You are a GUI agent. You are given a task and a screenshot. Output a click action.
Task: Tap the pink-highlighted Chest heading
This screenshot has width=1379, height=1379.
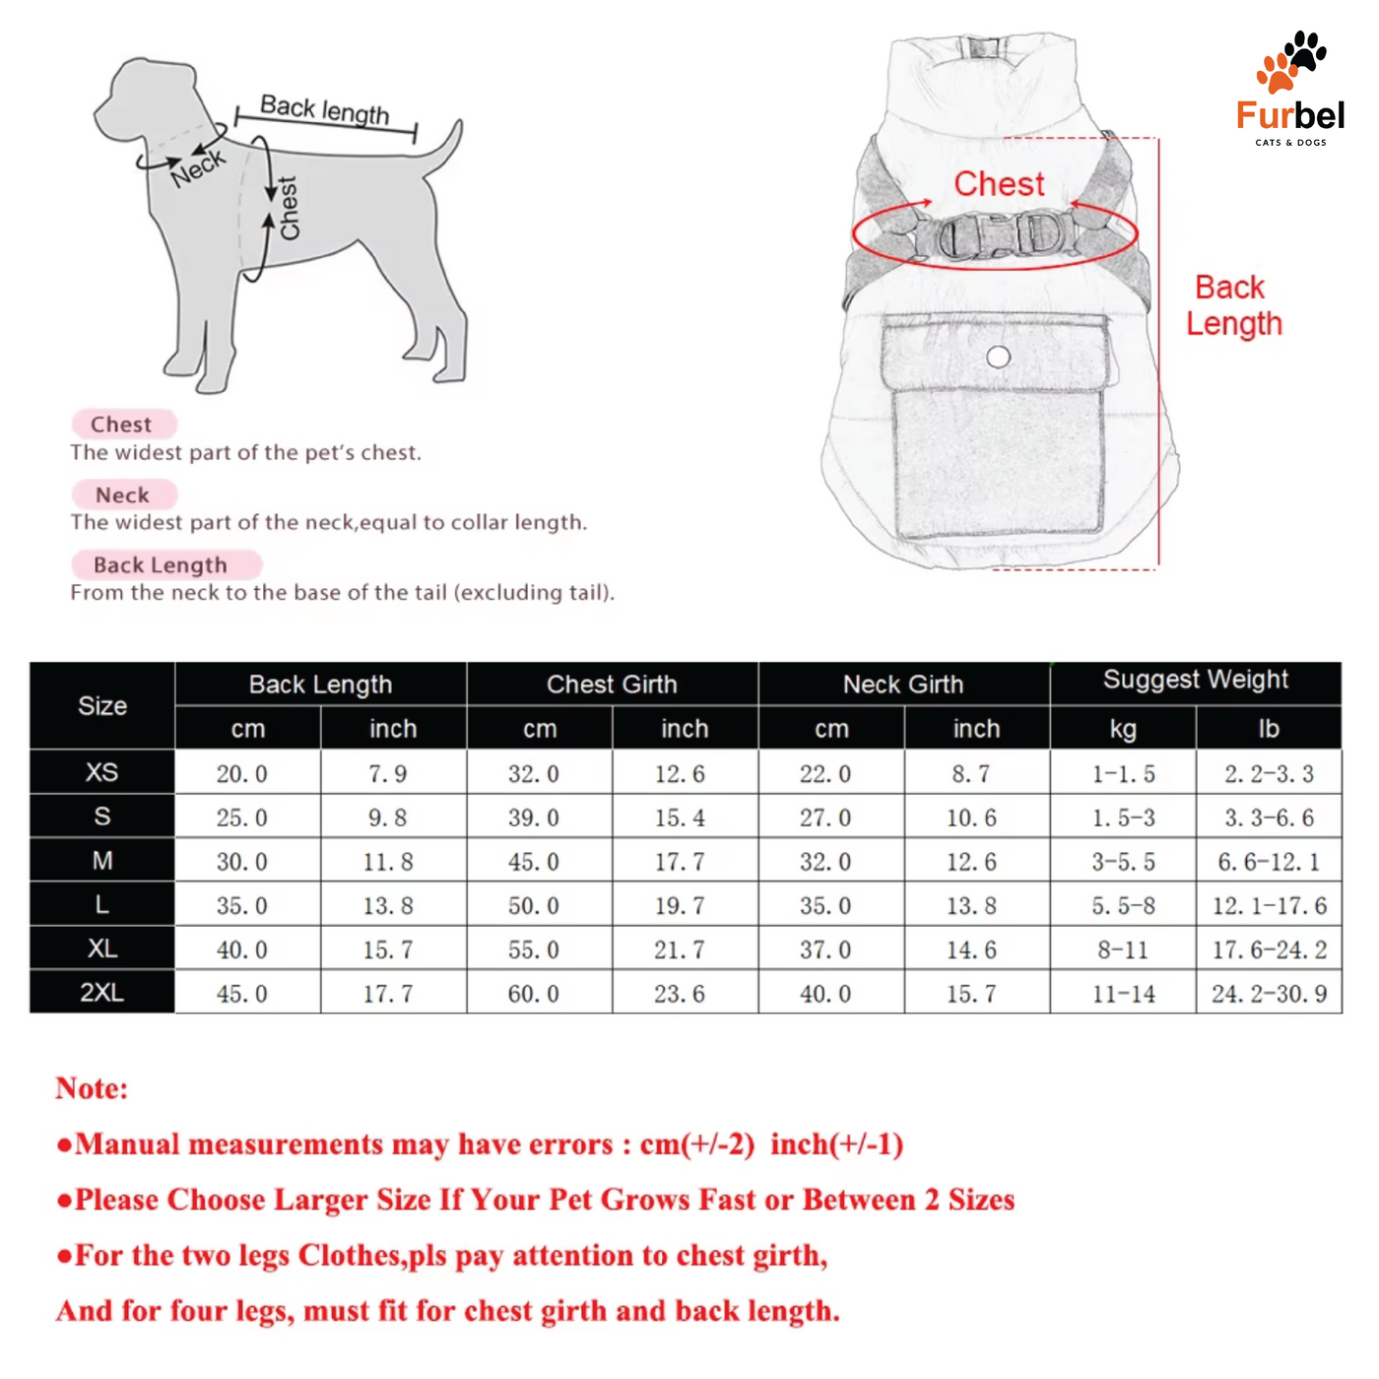(x=122, y=425)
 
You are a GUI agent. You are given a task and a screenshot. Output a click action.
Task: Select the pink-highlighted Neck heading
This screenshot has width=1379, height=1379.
(x=123, y=494)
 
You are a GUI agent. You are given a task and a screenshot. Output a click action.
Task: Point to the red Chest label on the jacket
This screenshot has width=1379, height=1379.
(x=999, y=184)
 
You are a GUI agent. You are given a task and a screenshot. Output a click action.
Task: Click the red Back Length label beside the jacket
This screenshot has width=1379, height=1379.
(x=1233, y=305)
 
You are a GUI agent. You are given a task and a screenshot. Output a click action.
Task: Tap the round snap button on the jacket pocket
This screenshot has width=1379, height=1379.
(x=998, y=357)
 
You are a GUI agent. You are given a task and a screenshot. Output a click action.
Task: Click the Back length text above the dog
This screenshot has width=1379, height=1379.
(x=324, y=109)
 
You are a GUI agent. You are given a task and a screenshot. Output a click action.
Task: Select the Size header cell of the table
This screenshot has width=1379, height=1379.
(x=102, y=706)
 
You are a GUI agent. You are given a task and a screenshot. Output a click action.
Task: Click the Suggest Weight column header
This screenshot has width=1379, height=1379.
(x=1195, y=680)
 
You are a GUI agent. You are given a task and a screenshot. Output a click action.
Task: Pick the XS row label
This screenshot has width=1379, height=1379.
(x=102, y=772)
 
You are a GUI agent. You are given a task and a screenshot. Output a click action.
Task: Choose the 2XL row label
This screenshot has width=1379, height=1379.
(x=102, y=992)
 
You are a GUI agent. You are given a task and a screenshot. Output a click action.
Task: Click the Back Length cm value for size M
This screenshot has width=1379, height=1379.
(x=242, y=862)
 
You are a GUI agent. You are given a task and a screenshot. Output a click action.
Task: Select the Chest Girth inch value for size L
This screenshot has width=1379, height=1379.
(x=680, y=906)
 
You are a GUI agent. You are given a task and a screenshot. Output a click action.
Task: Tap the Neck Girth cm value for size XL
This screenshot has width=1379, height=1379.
(x=825, y=951)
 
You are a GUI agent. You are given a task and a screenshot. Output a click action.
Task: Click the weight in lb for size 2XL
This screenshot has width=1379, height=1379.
(x=1269, y=994)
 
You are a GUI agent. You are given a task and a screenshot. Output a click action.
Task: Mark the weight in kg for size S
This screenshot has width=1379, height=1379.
(x=1123, y=818)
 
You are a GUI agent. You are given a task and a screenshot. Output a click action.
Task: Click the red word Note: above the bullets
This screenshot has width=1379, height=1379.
(x=92, y=1088)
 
